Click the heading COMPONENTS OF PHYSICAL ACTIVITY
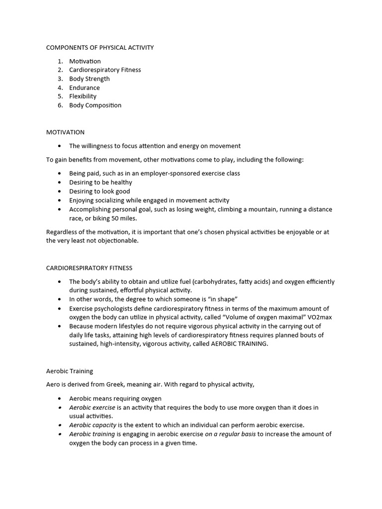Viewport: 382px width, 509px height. [x=100, y=48]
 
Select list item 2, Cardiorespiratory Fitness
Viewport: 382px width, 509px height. [x=105, y=70]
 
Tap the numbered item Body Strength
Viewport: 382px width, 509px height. [x=90, y=79]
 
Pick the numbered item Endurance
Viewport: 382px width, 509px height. [x=85, y=88]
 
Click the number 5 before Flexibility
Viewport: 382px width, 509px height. [x=60, y=96]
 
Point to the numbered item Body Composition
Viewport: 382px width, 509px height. [x=95, y=105]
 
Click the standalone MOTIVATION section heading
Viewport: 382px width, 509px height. [x=65, y=132]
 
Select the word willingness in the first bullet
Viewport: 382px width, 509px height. [x=99, y=146]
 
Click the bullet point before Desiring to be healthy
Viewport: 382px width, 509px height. [x=60, y=182]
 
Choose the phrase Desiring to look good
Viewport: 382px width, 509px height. [x=99, y=191]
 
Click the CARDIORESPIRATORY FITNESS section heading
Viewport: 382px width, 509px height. [x=89, y=268]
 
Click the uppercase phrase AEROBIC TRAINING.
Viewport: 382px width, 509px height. [x=239, y=344]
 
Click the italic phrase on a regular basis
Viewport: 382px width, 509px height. [x=230, y=434]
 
